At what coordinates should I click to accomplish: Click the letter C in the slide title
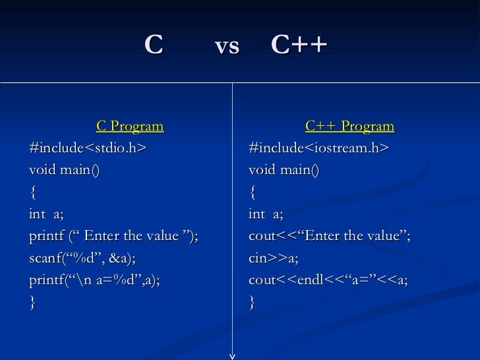tap(154, 45)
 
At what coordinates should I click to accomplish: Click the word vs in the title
tap(227, 46)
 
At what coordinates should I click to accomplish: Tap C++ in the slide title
tap(299, 45)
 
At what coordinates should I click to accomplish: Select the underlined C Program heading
tap(130, 126)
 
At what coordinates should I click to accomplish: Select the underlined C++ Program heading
tap(349, 126)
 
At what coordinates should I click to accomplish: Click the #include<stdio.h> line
tap(88, 148)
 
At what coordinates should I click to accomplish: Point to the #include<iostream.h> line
tap(319, 148)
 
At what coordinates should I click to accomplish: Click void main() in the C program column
tap(65, 170)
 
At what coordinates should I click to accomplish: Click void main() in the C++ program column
tap(284, 170)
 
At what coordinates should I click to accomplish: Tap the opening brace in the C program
tap(32, 193)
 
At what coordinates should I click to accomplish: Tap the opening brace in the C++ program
tap(252, 193)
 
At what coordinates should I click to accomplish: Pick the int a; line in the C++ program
tap(266, 214)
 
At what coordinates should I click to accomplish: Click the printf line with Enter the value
tap(113, 236)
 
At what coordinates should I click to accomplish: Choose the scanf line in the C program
tap(82, 258)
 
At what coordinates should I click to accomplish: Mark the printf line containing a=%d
tap(94, 280)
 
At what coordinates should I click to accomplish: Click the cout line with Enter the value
tap(329, 236)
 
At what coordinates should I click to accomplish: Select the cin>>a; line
tap(273, 258)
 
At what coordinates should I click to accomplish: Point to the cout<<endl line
tap(328, 280)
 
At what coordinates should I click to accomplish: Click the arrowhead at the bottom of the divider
tap(232, 356)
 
